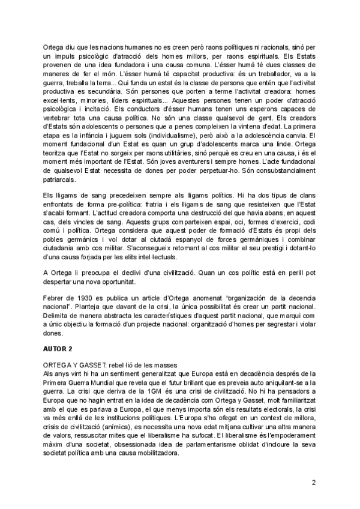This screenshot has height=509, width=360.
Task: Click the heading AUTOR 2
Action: (58, 348)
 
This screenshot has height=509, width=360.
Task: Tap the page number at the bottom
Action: (313, 482)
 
